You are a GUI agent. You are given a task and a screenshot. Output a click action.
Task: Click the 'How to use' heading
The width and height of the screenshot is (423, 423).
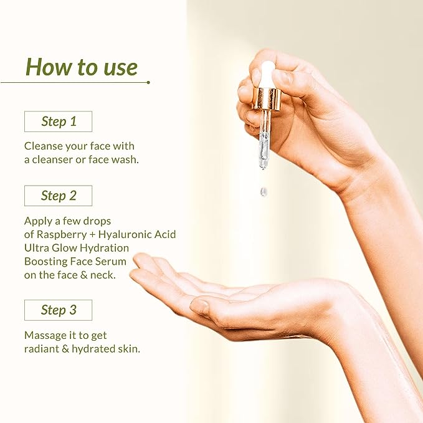pyautogui.click(x=82, y=67)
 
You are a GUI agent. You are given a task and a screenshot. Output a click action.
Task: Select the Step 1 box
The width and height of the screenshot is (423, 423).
pyautogui.click(x=58, y=121)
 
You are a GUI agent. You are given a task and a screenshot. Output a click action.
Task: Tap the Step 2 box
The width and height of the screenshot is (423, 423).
pyautogui.click(x=58, y=196)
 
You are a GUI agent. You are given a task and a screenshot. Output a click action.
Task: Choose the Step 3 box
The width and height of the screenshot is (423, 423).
pyautogui.click(x=58, y=310)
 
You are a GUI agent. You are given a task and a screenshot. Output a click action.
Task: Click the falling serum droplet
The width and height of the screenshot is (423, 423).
pyautogui.click(x=263, y=192)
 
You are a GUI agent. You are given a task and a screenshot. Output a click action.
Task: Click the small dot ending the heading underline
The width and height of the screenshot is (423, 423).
pyautogui.click(x=148, y=82)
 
